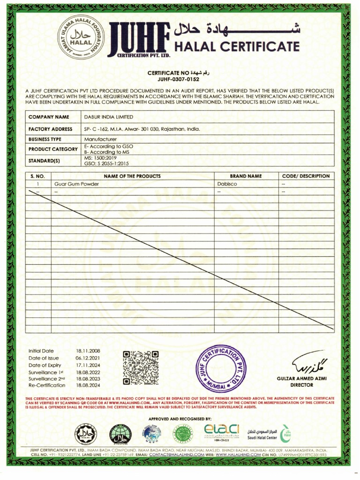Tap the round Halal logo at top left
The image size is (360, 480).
tap(82, 40)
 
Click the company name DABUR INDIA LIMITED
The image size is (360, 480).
tap(108, 117)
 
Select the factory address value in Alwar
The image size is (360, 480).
tap(142, 129)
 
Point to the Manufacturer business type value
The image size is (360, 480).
tap(100, 139)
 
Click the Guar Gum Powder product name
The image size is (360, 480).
tap(77, 184)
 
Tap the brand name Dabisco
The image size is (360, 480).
tap(227, 184)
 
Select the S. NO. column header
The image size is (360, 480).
tap(37, 176)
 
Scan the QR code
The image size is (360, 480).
tap(141, 367)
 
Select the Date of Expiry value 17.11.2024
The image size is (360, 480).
tap(88, 365)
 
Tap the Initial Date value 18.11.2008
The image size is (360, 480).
tap(88, 351)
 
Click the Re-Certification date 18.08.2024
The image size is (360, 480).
tap(88, 385)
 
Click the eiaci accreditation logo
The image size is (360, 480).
tap(222, 431)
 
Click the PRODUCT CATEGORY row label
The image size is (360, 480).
tap(53, 150)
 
